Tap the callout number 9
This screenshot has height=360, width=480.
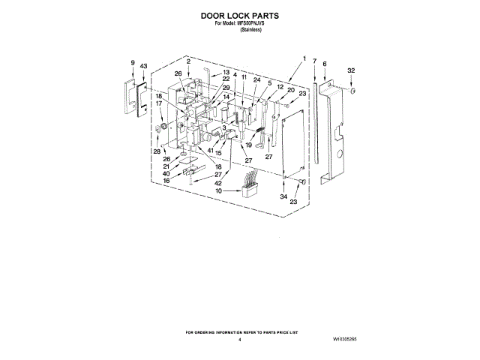tap(133, 64)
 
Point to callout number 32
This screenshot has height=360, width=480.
tap(350, 70)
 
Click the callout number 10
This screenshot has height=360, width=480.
tap(218, 190)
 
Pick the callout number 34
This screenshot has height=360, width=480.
tap(284, 196)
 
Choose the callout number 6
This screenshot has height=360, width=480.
tap(324, 64)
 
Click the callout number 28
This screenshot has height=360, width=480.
tap(157, 151)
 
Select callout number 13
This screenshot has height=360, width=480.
tap(225, 72)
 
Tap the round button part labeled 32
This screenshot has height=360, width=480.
tap(351, 90)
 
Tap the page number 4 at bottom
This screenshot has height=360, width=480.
tap(240, 340)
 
